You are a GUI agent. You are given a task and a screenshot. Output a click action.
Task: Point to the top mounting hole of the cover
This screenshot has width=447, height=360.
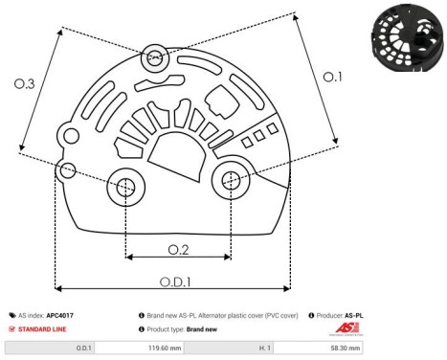click(153, 58)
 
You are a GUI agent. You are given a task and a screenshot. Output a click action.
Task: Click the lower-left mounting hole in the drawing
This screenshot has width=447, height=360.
click(125, 188)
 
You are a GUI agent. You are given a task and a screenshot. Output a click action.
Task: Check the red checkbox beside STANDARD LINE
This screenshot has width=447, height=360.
click(11, 327)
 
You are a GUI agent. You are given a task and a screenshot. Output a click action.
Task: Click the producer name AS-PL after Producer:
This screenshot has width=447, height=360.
click(356, 315)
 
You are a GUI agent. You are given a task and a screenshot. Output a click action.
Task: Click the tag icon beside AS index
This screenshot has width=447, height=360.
click(11, 315)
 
